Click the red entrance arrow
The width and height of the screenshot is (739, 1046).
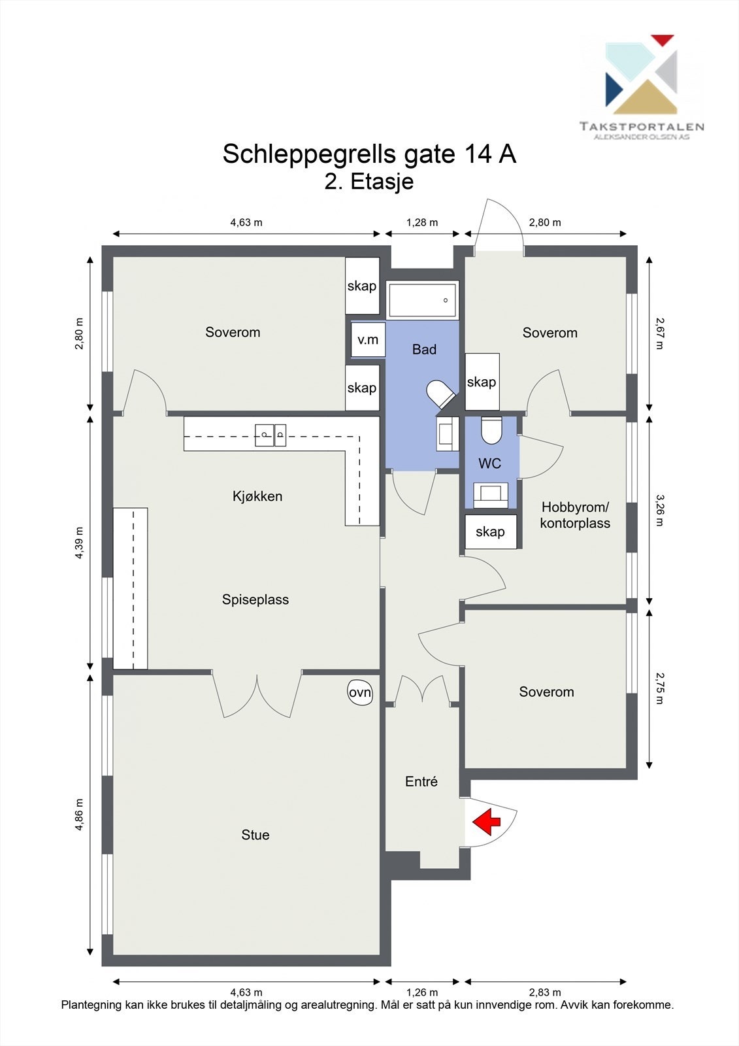486,822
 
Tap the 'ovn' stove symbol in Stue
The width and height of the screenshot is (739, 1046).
360,693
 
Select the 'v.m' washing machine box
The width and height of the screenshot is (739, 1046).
368,339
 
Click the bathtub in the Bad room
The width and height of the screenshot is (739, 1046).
422,300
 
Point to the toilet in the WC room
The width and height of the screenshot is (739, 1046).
491,430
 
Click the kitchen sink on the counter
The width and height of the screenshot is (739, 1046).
271,435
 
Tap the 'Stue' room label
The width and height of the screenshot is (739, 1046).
255,835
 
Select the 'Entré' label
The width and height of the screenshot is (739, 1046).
421,781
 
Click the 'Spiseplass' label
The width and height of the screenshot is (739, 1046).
255,599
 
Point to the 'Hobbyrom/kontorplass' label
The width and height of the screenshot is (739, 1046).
575,515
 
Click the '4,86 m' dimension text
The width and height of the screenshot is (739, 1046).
79,815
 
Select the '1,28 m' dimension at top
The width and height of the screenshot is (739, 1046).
422,222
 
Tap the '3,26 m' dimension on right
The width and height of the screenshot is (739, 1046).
659,510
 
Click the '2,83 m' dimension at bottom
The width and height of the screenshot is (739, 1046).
545,992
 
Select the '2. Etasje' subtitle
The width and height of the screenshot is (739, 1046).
369,181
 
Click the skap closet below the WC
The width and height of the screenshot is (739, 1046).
491,531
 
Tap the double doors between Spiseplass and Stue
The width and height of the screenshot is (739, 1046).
257,694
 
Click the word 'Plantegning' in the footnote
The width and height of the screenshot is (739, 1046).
91,1005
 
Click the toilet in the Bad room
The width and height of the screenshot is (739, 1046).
440,394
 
